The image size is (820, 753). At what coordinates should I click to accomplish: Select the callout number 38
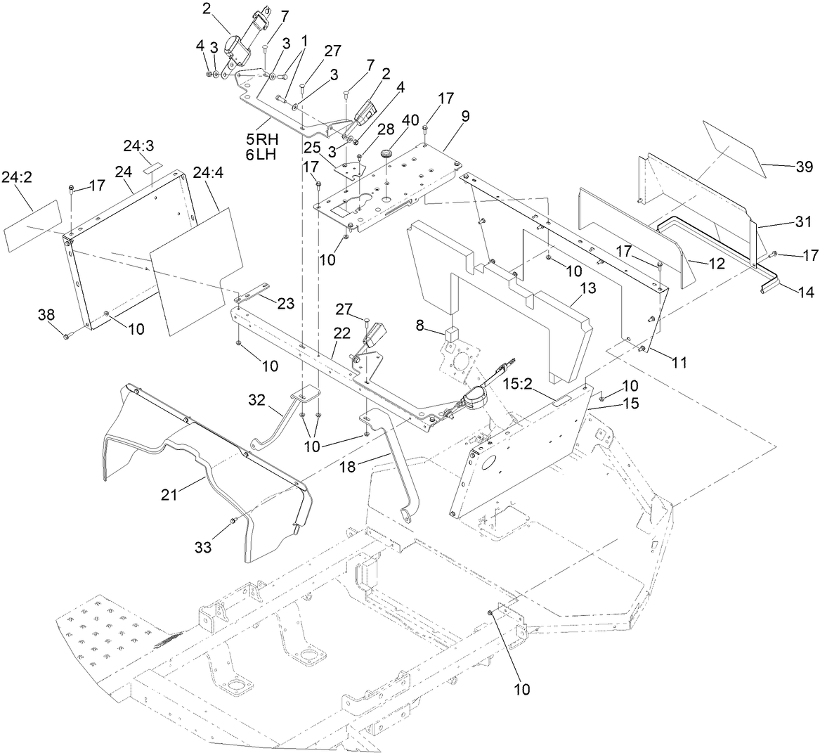pyautogui.click(x=47, y=316)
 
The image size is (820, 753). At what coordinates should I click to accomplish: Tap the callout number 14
pyautogui.click(x=806, y=293)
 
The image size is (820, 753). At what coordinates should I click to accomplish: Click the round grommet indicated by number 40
pyautogui.click(x=386, y=153)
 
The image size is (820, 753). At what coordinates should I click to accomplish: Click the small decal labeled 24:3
pyautogui.click(x=152, y=169)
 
